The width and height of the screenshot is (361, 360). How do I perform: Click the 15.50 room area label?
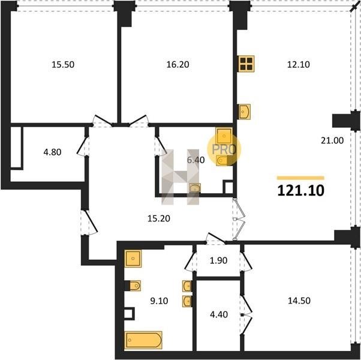(63, 64)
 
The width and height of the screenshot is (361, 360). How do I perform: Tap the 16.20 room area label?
(178, 64)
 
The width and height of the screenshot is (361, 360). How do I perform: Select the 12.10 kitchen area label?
(299, 64)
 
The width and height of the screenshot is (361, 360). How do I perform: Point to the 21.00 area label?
(332, 140)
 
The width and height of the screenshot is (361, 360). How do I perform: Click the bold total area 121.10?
(300, 191)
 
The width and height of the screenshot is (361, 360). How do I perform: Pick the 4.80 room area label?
(52, 152)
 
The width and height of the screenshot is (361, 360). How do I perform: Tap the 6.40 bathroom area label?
(195, 160)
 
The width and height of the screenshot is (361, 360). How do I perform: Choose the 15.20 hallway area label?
(159, 218)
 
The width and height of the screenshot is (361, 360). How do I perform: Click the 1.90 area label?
(218, 260)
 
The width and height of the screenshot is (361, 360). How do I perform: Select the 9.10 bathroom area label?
(159, 301)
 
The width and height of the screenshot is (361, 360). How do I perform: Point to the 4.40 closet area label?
(219, 314)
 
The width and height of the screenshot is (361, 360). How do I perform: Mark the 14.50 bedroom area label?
(299, 301)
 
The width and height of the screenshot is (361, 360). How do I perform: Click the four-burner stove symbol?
(246, 64)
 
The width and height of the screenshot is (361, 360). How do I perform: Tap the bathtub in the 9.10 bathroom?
(143, 340)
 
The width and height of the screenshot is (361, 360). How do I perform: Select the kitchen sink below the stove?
(245, 112)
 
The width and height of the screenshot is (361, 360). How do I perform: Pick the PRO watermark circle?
(224, 149)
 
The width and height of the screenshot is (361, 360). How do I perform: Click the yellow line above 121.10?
(300, 178)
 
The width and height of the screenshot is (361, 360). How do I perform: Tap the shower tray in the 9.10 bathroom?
(133, 259)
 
